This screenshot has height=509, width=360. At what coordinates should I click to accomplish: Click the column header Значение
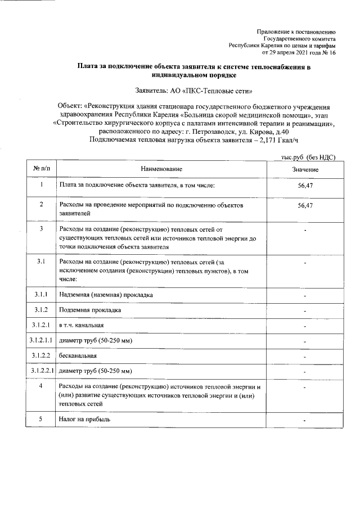tap(305, 169)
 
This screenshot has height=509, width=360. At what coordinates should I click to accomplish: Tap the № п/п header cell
tap(42, 169)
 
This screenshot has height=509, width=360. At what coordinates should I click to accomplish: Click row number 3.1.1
tap(42, 295)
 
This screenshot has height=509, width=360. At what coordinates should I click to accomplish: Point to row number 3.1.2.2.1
tap(42, 371)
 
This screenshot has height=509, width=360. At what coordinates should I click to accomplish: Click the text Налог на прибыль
tap(84, 420)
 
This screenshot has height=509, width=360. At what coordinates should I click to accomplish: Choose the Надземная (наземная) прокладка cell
tap(106, 295)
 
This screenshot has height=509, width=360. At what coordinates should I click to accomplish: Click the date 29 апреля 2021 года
tap(293, 52)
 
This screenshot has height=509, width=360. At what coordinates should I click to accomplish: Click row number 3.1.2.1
tap(42, 325)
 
